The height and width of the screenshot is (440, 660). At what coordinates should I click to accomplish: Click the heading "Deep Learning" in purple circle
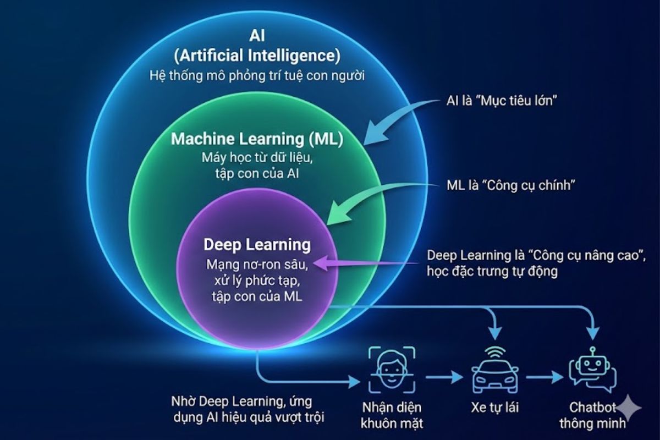click(x=257, y=244)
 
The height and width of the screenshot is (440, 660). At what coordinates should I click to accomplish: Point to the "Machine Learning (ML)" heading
click(x=257, y=139)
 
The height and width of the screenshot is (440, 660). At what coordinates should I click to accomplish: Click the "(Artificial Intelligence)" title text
click(x=257, y=55)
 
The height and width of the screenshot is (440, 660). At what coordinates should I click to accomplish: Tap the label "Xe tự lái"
click(x=494, y=408)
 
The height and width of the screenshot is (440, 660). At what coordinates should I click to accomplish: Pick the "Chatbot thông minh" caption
click(x=592, y=415)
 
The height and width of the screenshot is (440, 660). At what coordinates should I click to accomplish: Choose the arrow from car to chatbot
click(x=544, y=378)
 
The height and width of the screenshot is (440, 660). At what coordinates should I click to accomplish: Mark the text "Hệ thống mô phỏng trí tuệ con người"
click(x=257, y=75)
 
